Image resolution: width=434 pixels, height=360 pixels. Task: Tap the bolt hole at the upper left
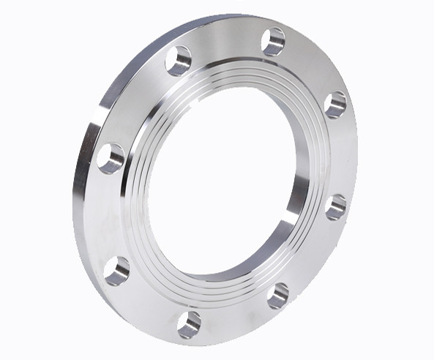179,60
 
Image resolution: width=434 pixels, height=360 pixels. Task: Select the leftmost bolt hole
111,157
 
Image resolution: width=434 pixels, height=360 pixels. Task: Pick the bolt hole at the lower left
117,270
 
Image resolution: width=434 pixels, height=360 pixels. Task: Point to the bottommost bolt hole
189,323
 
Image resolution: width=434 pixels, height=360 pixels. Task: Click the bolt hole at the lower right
278,294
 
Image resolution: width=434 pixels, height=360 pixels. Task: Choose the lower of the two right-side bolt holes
335,207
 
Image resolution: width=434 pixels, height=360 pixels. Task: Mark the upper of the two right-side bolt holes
334,104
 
